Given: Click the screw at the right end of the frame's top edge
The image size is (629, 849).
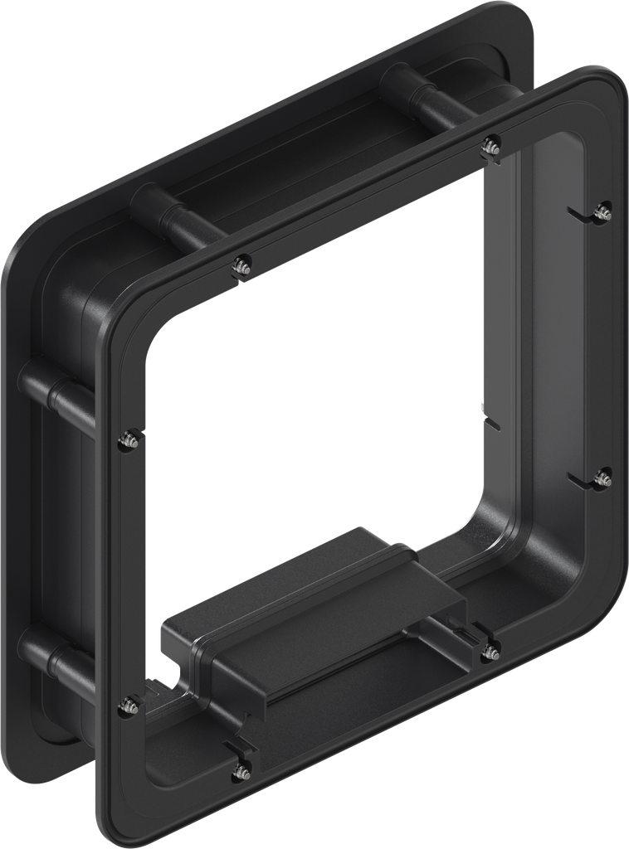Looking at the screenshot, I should pos(490,144).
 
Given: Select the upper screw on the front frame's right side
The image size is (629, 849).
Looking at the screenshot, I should pos(604,211).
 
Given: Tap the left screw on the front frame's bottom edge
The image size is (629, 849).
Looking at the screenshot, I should pos(241,771).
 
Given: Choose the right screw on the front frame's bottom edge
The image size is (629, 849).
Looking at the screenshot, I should pos(490,650).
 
